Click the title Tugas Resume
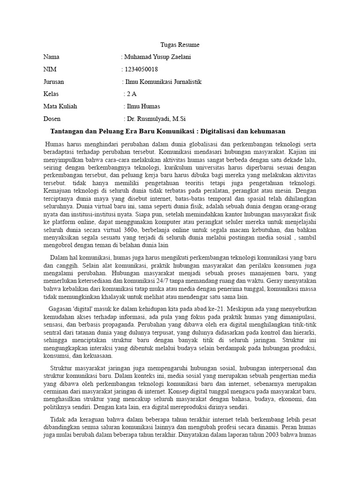pos(180,45)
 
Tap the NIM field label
pos(49,69)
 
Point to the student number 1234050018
pos(141,69)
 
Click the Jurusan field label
pos(53,82)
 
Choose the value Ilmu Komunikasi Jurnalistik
pos(163,82)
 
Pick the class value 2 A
pos(132,94)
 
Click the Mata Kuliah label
pos(60,106)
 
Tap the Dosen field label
pos(52,119)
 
